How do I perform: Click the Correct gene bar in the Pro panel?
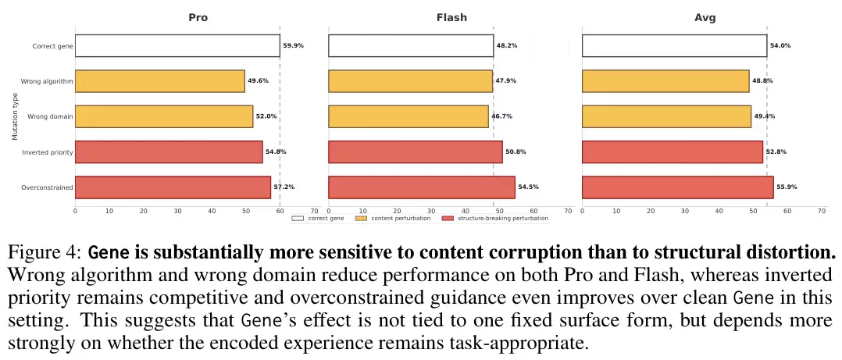point(177,46)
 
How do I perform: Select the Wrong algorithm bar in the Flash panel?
point(410,81)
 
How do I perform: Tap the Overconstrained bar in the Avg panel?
point(677,187)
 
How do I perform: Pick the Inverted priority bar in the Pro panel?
point(169,152)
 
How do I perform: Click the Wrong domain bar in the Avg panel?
point(666,116)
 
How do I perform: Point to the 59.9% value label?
point(294,46)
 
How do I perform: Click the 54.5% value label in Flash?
point(529,187)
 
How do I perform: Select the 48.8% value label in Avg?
point(762,81)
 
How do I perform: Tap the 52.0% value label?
point(266,116)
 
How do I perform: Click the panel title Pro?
point(198,17)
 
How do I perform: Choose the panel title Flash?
point(451,17)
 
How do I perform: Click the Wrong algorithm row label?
point(48,81)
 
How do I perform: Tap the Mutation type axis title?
point(15,117)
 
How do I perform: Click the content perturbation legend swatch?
point(361,219)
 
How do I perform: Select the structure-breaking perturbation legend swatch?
point(448,219)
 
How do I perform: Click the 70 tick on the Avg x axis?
point(822,211)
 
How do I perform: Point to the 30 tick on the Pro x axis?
point(177,211)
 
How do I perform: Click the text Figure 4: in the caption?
point(45,254)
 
